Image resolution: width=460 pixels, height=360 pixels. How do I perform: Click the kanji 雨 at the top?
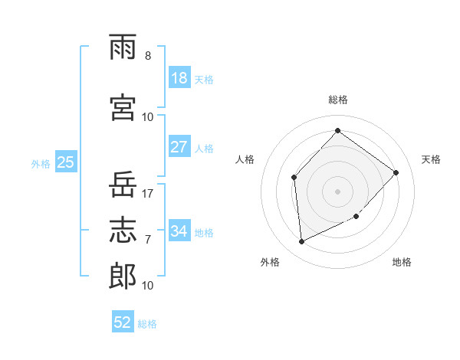tap(123, 47)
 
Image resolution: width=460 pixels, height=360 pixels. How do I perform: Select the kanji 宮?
tap(123, 107)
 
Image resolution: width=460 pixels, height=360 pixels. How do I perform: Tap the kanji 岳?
tap(123, 184)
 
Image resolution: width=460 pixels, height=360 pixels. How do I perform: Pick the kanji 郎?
tap(123, 276)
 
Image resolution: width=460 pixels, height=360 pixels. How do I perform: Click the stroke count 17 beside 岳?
tap(147, 194)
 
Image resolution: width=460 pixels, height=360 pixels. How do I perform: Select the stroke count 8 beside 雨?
tap(148, 56)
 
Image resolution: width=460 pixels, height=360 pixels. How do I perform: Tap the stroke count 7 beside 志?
tap(148, 240)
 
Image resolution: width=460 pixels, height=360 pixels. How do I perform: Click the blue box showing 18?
tap(179, 77)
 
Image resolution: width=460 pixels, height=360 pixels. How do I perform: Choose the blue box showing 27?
tap(179, 146)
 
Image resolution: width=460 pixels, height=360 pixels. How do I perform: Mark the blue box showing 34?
tap(179, 230)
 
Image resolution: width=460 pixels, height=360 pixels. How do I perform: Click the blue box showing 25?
tap(66, 162)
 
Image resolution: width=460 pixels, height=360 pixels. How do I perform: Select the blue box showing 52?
tap(123, 321)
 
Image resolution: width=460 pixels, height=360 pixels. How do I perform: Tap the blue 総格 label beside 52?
tap(147, 324)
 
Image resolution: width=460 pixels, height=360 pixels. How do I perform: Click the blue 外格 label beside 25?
tap(41, 164)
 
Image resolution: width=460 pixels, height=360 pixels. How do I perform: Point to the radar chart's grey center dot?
tap(337, 191)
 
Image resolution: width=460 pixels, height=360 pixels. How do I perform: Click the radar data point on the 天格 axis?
tap(396, 172)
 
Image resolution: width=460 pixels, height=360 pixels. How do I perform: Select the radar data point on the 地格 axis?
tap(356, 216)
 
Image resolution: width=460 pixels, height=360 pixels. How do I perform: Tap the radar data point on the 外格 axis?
tap(301, 241)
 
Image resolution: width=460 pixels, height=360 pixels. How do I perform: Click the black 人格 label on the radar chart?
tap(245, 159)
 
